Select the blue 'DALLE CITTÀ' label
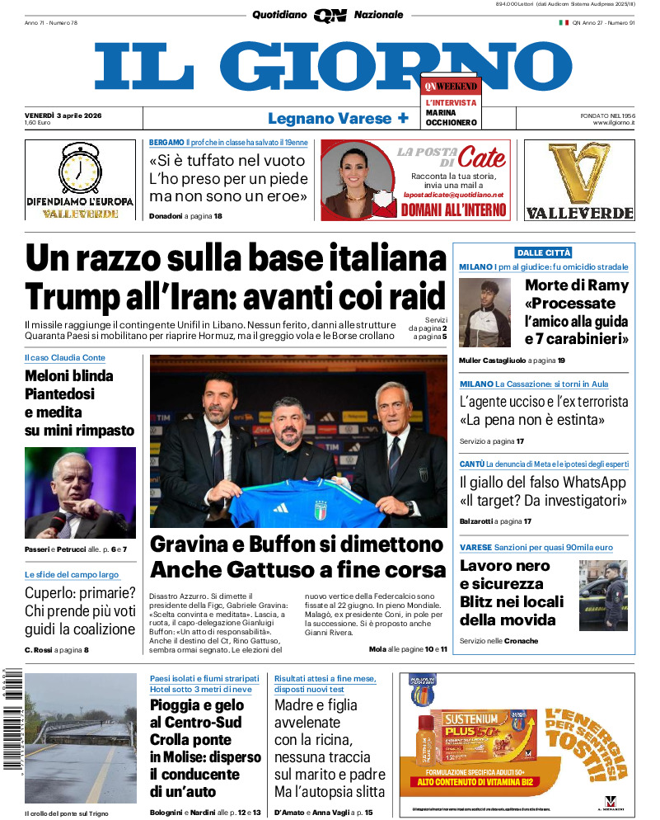(543, 252)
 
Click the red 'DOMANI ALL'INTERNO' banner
(453, 210)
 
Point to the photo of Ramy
(484, 312)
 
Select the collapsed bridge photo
(81, 738)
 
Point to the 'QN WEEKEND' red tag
(451, 86)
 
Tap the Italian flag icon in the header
(564, 22)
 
